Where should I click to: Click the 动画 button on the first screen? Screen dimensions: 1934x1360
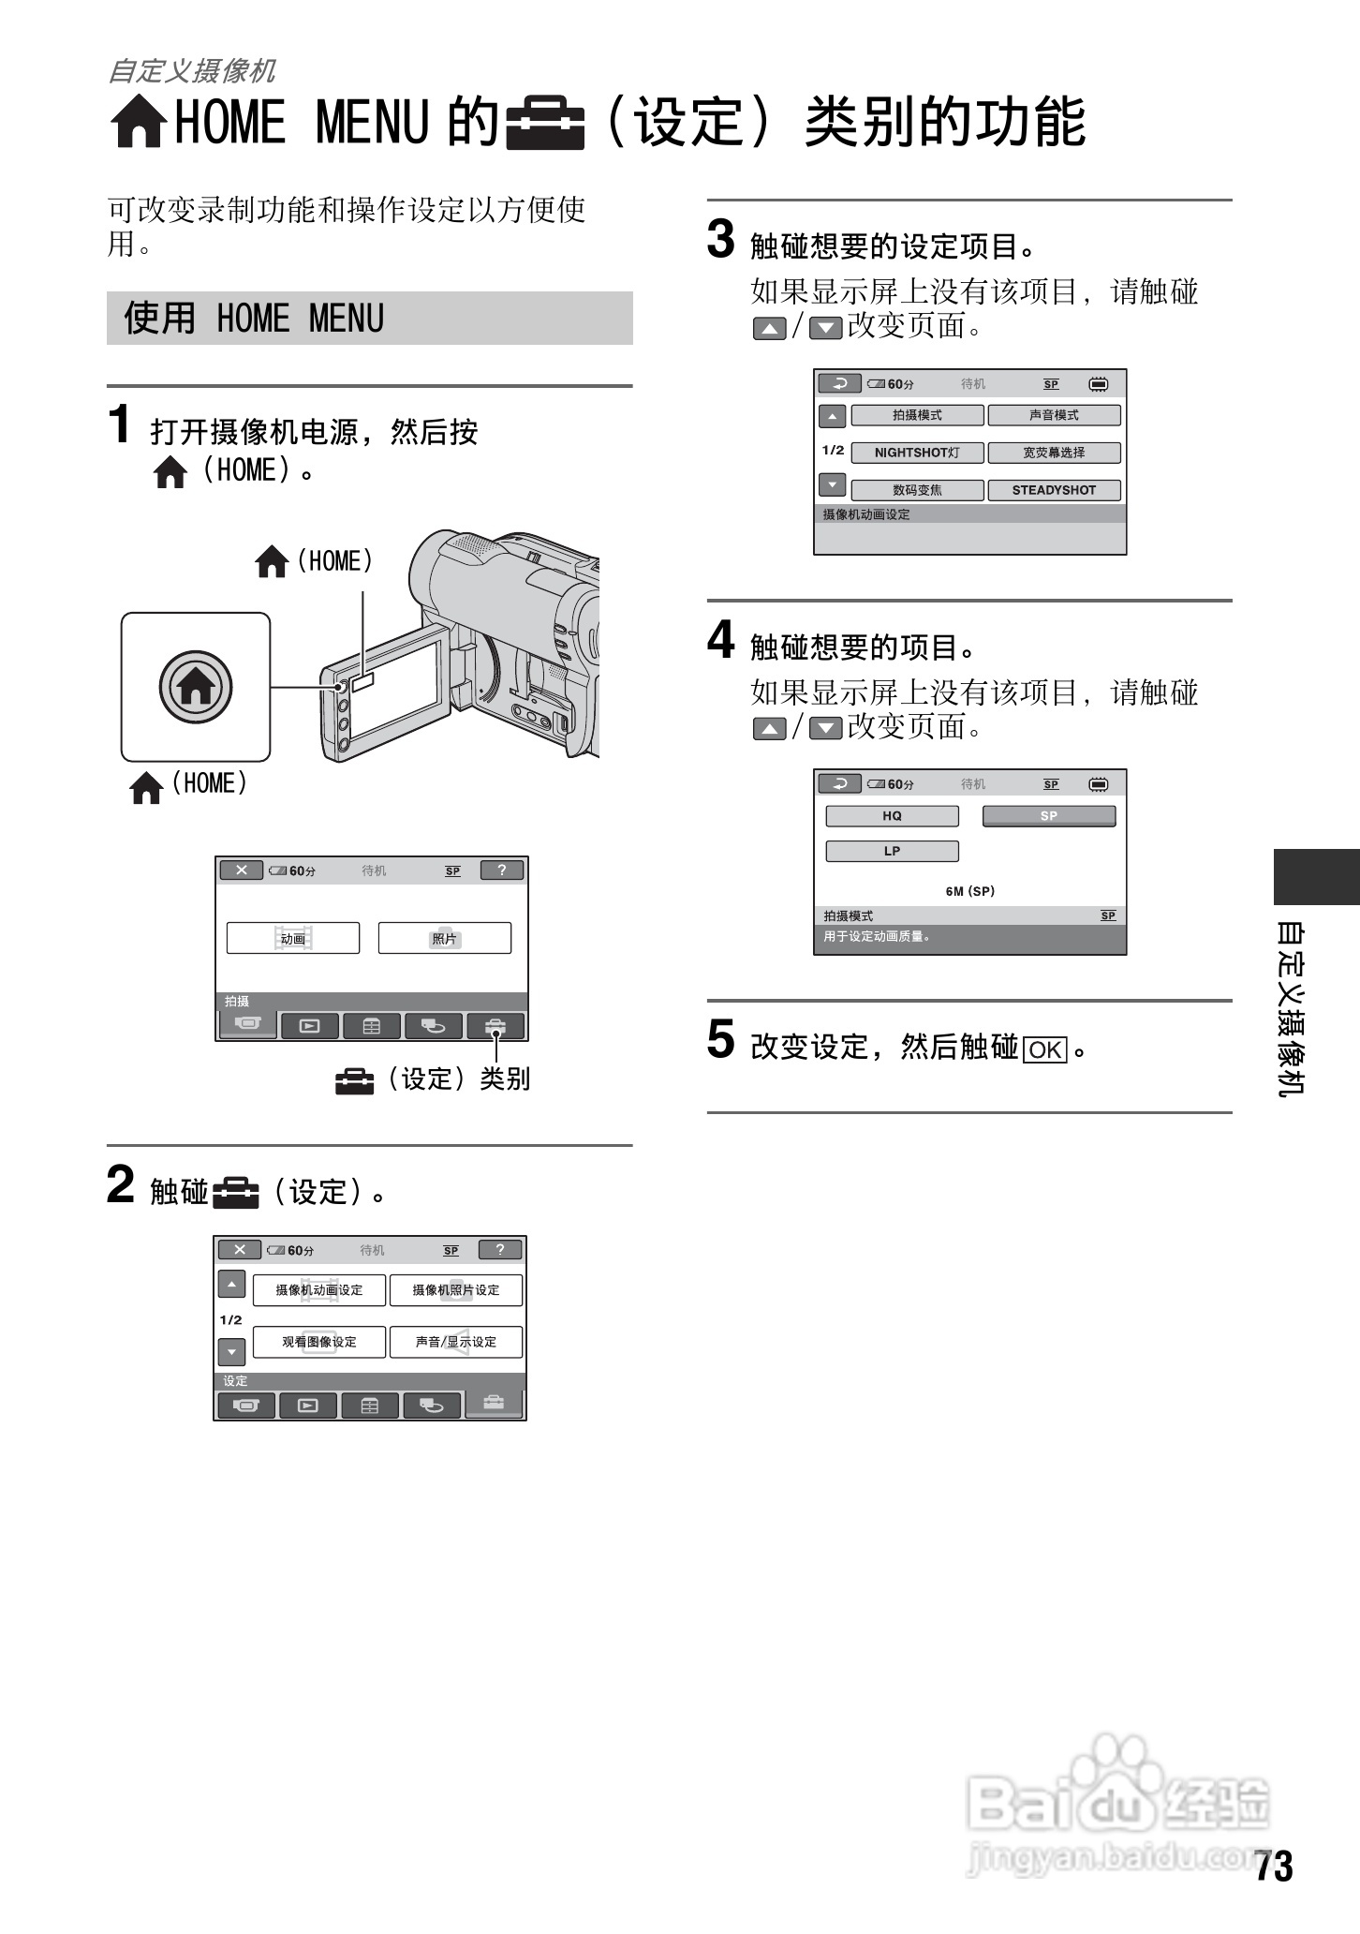(293, 938)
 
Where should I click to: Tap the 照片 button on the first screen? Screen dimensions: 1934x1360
(445, 938)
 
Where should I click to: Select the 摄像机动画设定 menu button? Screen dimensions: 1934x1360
(319, 1290)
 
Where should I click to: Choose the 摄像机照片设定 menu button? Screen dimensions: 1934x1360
(456, 1290)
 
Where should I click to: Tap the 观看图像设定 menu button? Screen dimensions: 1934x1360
(319, 1342)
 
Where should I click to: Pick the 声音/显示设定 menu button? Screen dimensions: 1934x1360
(456, 1342)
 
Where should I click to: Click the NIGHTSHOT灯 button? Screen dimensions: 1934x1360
(917, 453)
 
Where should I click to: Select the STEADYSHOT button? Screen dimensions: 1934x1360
(1054, 490)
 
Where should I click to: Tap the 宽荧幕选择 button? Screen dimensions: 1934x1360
(1054, 453)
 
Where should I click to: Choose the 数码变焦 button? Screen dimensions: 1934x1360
(917, 490)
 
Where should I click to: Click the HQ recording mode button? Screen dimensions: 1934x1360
(892, 816)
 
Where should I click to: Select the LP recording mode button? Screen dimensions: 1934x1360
(892, 852)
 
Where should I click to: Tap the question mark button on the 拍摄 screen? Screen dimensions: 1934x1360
(502, 870)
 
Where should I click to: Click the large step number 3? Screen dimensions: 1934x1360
(720, 239)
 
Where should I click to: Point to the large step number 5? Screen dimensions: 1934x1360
(720, 1040)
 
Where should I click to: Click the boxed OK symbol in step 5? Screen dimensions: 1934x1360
(1045, 1049)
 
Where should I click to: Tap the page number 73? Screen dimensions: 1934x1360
(1274, 1867)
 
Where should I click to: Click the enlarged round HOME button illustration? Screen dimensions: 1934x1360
(196, 688)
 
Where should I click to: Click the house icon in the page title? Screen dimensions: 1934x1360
(140, 123)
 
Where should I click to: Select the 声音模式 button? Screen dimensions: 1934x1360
(1054, 415)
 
